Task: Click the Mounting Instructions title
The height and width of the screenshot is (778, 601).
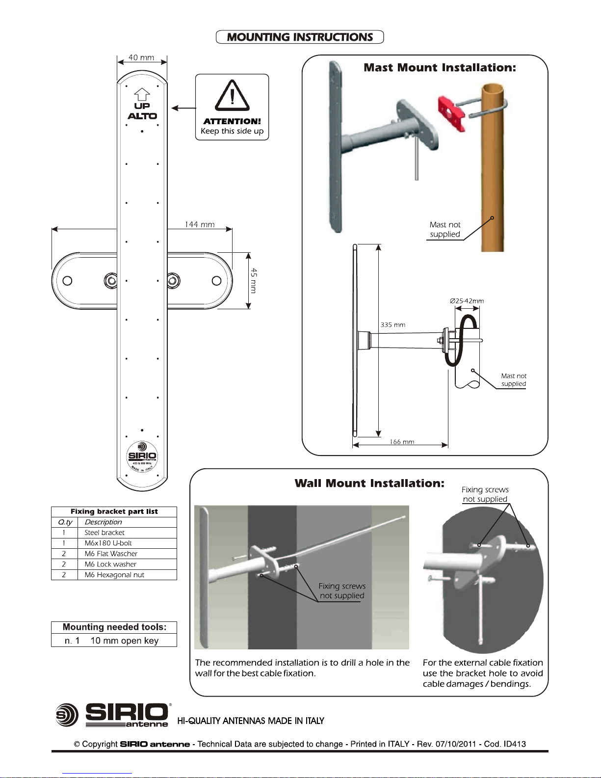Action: click(x=300, y=37)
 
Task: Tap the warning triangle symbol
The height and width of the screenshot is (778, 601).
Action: click(x=232, y=95)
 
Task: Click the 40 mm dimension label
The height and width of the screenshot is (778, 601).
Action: click(x=141, y=57)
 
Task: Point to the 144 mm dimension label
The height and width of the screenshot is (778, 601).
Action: click(x=200, y=224)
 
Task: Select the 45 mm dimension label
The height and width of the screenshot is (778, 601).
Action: click(x=253, y=281)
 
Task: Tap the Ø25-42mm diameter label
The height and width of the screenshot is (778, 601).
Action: click(x=467, y=301)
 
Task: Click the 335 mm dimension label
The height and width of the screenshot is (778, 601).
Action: click(x=393, y=325)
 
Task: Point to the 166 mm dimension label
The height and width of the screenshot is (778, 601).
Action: click(x=402, y=441)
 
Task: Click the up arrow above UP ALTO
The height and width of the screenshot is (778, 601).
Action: click(x=142, y=95)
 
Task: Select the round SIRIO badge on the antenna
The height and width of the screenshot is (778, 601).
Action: click(x=142, y=457)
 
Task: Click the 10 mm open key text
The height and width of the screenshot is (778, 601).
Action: click(x=125, y=641)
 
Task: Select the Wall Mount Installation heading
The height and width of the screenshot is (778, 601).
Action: click(x=369, y=483)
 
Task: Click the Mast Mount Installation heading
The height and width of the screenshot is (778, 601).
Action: click(x=440, y=67)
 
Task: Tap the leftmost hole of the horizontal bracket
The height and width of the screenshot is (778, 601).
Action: click(x=67, y=281)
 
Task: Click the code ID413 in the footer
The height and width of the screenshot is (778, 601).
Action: click(x=515, y=744)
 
